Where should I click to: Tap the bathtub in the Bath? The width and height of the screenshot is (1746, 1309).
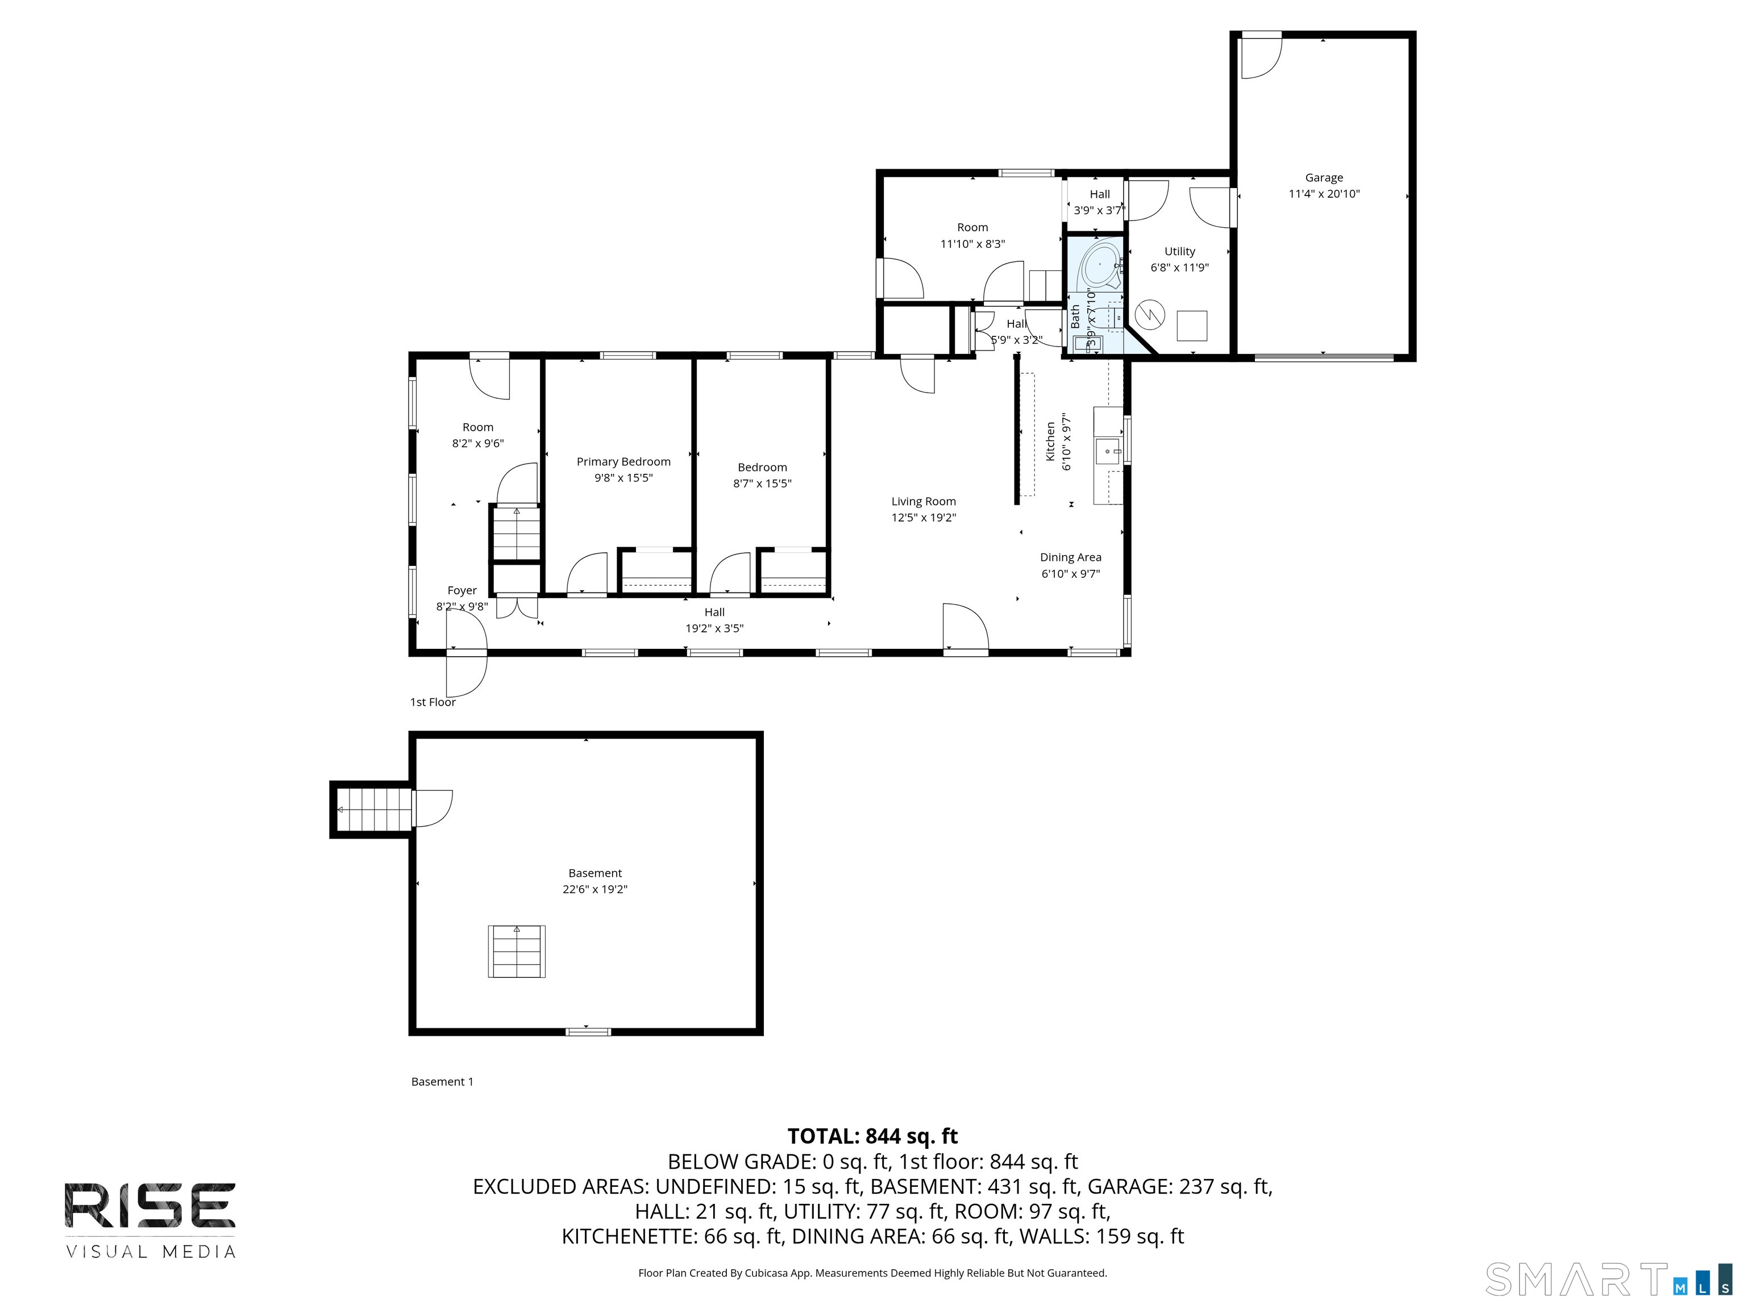(x=1099, y=266)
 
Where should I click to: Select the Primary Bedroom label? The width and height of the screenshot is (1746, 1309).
(x=623, y=461)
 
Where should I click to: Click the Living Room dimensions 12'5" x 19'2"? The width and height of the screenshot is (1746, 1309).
(x=924, y=518)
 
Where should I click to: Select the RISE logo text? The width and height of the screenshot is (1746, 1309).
(x=150, y=1206)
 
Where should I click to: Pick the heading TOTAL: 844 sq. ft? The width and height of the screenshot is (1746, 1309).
(x=872, y=1136)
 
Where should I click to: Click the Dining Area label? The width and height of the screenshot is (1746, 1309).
(x=1070, y=557)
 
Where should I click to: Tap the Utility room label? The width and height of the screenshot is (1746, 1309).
(x=1179, y=252)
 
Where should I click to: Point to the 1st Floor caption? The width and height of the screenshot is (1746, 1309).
(x=433, y=702)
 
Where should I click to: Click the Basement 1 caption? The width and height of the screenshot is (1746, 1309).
(x=442, y=1082)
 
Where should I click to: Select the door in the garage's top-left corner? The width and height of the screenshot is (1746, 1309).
(x=1261, y=57)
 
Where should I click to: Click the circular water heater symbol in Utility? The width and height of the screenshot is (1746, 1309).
(x=1149, y=315)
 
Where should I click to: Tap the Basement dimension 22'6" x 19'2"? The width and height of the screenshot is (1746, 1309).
(x=595, y=889)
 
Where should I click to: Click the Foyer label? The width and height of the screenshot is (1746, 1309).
(x=462, y=590)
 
